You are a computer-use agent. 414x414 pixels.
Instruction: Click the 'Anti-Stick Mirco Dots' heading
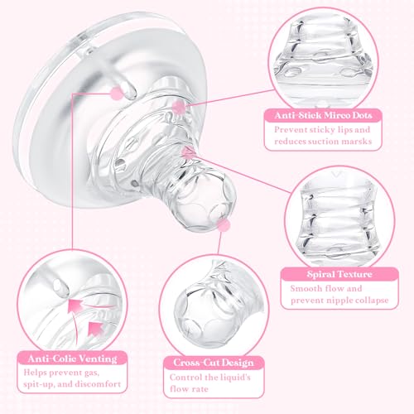[x=323, y=115]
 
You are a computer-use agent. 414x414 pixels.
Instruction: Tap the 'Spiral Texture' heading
[x=339, y=274]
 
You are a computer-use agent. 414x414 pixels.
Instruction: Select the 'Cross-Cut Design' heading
[x=214, y=363]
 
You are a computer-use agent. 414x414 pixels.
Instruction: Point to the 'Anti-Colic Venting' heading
[x=72, y=359]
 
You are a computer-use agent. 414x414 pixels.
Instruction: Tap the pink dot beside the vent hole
[x=117, y=93]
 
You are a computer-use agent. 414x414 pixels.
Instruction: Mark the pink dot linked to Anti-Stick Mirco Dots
[x=179, y=107]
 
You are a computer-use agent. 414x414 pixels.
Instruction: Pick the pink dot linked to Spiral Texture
[x=188, y=152]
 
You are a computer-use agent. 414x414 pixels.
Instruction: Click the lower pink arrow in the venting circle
[x=95, y=328]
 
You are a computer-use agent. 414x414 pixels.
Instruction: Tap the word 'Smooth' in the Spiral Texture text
[x=306, y=288]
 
